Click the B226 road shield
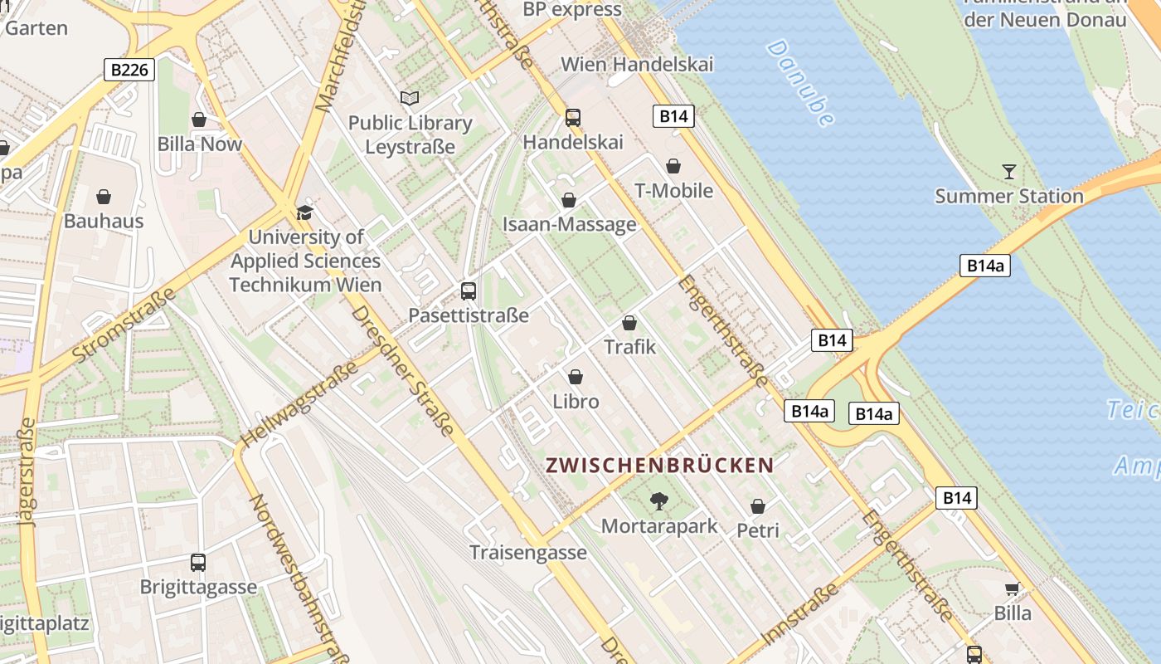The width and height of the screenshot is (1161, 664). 130,70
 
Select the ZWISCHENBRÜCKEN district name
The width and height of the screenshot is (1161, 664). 659,465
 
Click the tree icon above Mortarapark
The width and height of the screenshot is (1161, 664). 659,500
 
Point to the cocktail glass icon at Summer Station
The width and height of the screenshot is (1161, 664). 1008,172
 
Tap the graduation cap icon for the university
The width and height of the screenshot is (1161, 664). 305,212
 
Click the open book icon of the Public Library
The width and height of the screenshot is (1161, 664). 410,99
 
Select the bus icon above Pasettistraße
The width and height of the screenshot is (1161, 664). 469,291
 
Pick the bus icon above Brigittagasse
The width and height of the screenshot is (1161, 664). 198,562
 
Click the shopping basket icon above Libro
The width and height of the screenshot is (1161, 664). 576,377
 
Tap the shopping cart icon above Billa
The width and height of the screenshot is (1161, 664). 1012,589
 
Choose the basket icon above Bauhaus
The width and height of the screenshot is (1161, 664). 104,197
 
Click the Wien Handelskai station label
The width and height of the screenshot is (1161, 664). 637,64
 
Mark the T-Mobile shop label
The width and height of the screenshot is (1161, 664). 673,191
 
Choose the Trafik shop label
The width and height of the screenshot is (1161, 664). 629,347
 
